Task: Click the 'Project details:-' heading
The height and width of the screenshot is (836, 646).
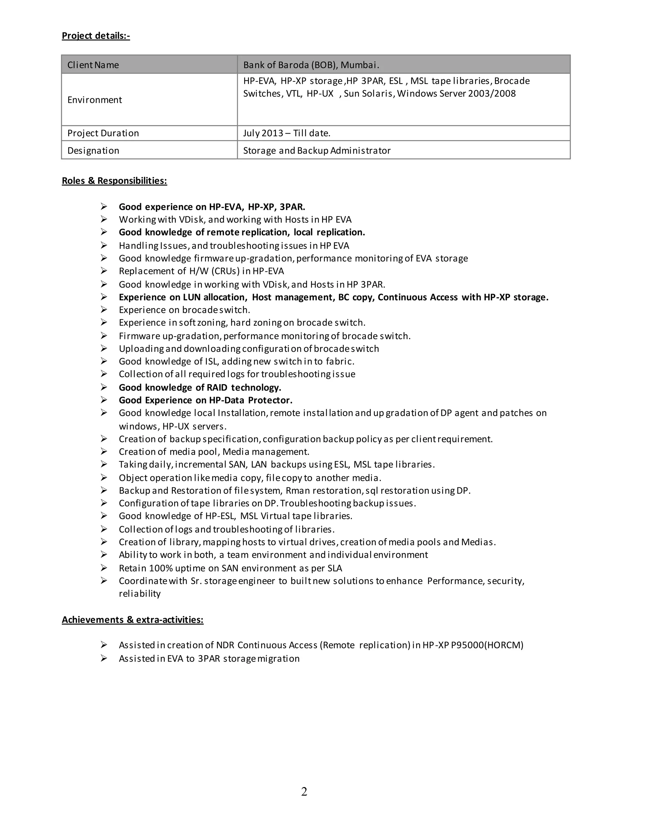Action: [x=96, y=36]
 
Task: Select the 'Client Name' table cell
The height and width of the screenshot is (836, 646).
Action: [x=93, y=65]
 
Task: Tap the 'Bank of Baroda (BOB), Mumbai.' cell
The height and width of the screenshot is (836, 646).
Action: [x=311, y=65]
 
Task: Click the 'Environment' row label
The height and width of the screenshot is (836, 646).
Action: [x=95, y=100]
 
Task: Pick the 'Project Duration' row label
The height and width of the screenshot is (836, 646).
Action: [x=103, y=133]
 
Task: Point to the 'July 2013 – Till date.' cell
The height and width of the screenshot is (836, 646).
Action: [x=287, y=133]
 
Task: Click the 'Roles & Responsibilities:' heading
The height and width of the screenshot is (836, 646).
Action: [x=115, y=181]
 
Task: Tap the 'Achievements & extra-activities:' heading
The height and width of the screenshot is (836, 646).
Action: [x=132, y=620]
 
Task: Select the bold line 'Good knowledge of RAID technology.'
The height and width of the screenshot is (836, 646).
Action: [x=200, y=387]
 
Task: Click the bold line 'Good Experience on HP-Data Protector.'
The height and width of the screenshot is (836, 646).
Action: [x=206, y=400]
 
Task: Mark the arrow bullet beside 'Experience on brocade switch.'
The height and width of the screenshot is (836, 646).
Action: [x=104, y=310]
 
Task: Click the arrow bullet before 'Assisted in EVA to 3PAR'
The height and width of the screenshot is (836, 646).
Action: [x=104, y=658]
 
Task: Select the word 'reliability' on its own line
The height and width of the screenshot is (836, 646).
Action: [x=140, y=594]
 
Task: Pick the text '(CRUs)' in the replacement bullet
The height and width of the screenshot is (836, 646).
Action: [x=226, y=271]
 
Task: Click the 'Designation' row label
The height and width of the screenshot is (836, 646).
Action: [x=93, y=150]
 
